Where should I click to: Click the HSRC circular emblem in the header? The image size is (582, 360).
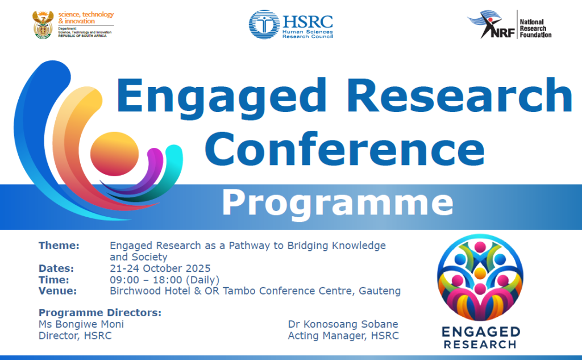tap(264, 24)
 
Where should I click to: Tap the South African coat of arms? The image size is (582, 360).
tap(43, 24)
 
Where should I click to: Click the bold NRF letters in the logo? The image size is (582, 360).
tap(503, 32)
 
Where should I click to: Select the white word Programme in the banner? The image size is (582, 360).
tap(338, 203)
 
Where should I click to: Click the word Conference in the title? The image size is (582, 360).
tap(345, 150)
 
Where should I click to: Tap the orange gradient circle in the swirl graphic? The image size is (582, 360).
tap(114, 154)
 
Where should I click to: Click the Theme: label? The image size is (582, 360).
tap(59, 246)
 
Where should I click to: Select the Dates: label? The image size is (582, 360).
tap(56, 268)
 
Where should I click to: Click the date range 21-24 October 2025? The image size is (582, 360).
tap(160, 268)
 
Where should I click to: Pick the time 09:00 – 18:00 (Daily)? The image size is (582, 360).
tap(164, 280)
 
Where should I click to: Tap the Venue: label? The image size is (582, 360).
tap(57, 291)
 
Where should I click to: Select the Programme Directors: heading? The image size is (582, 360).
tap(100, 313)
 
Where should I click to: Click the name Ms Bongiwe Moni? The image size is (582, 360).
tap(81, 324)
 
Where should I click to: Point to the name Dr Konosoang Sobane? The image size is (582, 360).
tap(343, 324)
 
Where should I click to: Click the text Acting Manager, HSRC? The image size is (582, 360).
tap(343, 336)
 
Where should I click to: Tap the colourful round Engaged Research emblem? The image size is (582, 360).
tap(480, 278)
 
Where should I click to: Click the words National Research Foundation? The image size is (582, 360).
tap(535, 28)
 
